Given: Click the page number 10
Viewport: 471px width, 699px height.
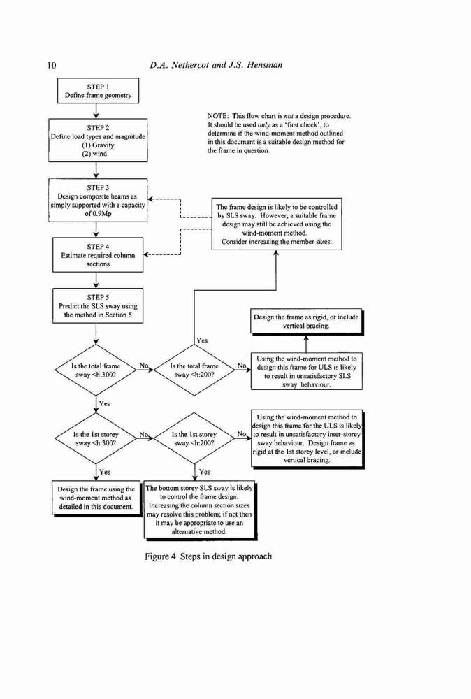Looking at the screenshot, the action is pos(51,65).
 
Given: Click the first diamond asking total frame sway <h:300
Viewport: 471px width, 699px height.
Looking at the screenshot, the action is pos(96,370).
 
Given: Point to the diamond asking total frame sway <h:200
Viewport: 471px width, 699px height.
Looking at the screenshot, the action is pos(194,370).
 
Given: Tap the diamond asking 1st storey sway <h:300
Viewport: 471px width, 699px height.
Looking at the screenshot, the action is pos(96,438).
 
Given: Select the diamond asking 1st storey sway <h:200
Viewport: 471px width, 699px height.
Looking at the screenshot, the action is pos(194,438).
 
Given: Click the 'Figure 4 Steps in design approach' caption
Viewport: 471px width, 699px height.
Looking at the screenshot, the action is pos(208,556).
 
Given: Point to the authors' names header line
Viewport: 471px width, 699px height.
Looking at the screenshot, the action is pos(216,65).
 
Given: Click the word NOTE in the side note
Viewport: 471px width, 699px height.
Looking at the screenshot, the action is pos(217,116).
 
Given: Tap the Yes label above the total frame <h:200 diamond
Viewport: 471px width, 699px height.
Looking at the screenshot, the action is pos(202,340).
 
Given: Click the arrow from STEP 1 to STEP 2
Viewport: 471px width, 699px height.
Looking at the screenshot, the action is pos(96,111).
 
